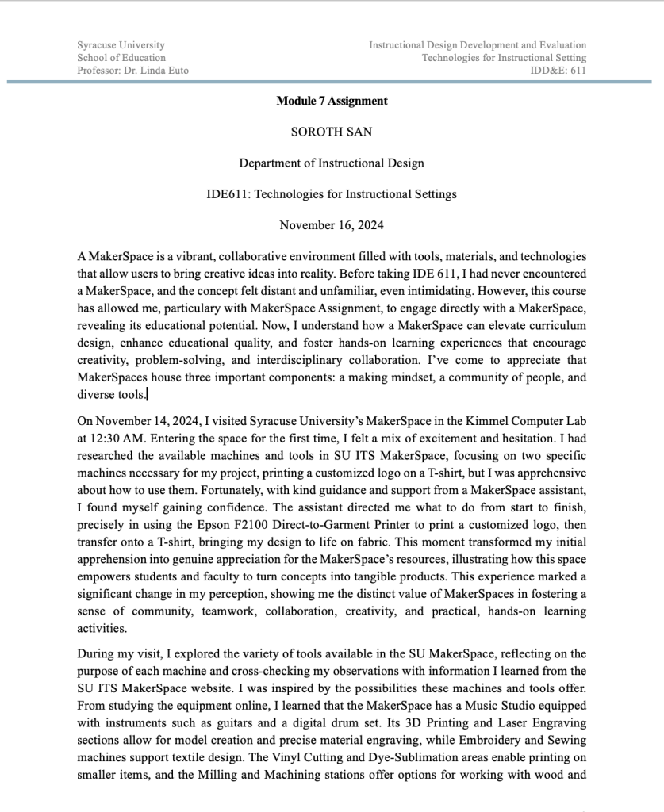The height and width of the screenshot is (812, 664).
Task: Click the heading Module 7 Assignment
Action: pos(332,101)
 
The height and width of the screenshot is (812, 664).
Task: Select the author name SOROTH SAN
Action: pos(332,132)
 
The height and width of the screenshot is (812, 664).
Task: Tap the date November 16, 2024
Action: pos(332,225)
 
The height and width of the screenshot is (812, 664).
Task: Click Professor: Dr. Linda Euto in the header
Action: pos(132,70)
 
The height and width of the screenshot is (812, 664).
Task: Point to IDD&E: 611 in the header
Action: pos(558,70)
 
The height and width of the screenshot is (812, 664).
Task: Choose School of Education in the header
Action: pos(121,57)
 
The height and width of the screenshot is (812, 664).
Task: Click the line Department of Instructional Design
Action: pos(332,163)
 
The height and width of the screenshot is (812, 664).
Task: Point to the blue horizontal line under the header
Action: pos(332,82)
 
